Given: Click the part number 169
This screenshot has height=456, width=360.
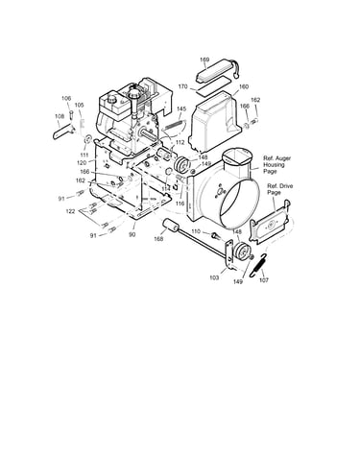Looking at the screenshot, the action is click(x=204, y=60).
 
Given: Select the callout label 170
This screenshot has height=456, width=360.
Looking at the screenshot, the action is click(x=182, y=86).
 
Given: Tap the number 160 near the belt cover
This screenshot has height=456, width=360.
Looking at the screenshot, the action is click(x=244, y=86).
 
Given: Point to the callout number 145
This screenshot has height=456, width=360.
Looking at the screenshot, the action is click(x=181, y=109).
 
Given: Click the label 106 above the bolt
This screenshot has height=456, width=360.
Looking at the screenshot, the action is click(x=66, y=99).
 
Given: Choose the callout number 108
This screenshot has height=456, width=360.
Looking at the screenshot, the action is click(x=60, y=116).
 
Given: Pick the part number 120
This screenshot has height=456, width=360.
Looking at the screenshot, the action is click(x=82, y=162).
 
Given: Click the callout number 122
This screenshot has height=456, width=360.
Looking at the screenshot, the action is click(x=70, y=211).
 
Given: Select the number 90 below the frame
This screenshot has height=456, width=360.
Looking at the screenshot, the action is click(x=132, y=234).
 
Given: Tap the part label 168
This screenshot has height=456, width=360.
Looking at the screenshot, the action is click(x=158, y=239).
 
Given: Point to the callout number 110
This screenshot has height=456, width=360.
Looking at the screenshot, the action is click(x=196, y=231).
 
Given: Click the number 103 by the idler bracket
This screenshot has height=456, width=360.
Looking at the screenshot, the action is click(x=214, y=277).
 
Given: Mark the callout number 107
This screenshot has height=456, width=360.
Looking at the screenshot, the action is click(x=264, y=280).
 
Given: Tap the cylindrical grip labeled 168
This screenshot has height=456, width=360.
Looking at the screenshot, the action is click(x=171, y=226).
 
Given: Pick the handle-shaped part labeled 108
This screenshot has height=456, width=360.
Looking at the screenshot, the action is click(x=63, y=132).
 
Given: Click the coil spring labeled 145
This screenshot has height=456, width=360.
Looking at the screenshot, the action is click(x=174, y=125).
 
